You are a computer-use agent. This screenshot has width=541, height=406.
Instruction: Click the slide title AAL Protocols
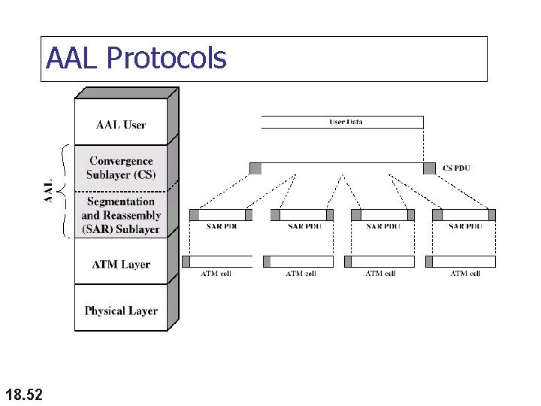(136, 58)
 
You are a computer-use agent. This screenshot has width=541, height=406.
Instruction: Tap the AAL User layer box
(120, 125)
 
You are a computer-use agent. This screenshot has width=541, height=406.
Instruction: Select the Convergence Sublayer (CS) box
(120, 168)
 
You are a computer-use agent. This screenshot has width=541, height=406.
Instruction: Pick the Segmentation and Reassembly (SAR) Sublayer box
(120, 215)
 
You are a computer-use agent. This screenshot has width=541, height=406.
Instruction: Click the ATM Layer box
(120, 265)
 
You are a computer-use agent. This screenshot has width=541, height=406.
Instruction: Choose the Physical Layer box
(120, 311)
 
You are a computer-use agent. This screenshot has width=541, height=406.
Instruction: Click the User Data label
(346, 122)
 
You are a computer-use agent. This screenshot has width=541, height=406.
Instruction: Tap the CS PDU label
(456, 168)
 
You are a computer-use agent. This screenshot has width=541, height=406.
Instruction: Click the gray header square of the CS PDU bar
(255, 168)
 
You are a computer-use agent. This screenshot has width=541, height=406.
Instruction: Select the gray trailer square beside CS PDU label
(429, 168)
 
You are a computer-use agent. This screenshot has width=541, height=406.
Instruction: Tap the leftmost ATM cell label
(216, 274)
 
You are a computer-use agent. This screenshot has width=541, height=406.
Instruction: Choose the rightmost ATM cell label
(465, 274)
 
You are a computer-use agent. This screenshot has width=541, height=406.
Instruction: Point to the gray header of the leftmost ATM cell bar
(186, 262)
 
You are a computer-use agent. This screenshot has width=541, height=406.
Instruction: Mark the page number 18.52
(23, 393)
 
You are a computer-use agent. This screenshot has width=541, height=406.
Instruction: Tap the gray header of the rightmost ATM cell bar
(429, 262)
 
